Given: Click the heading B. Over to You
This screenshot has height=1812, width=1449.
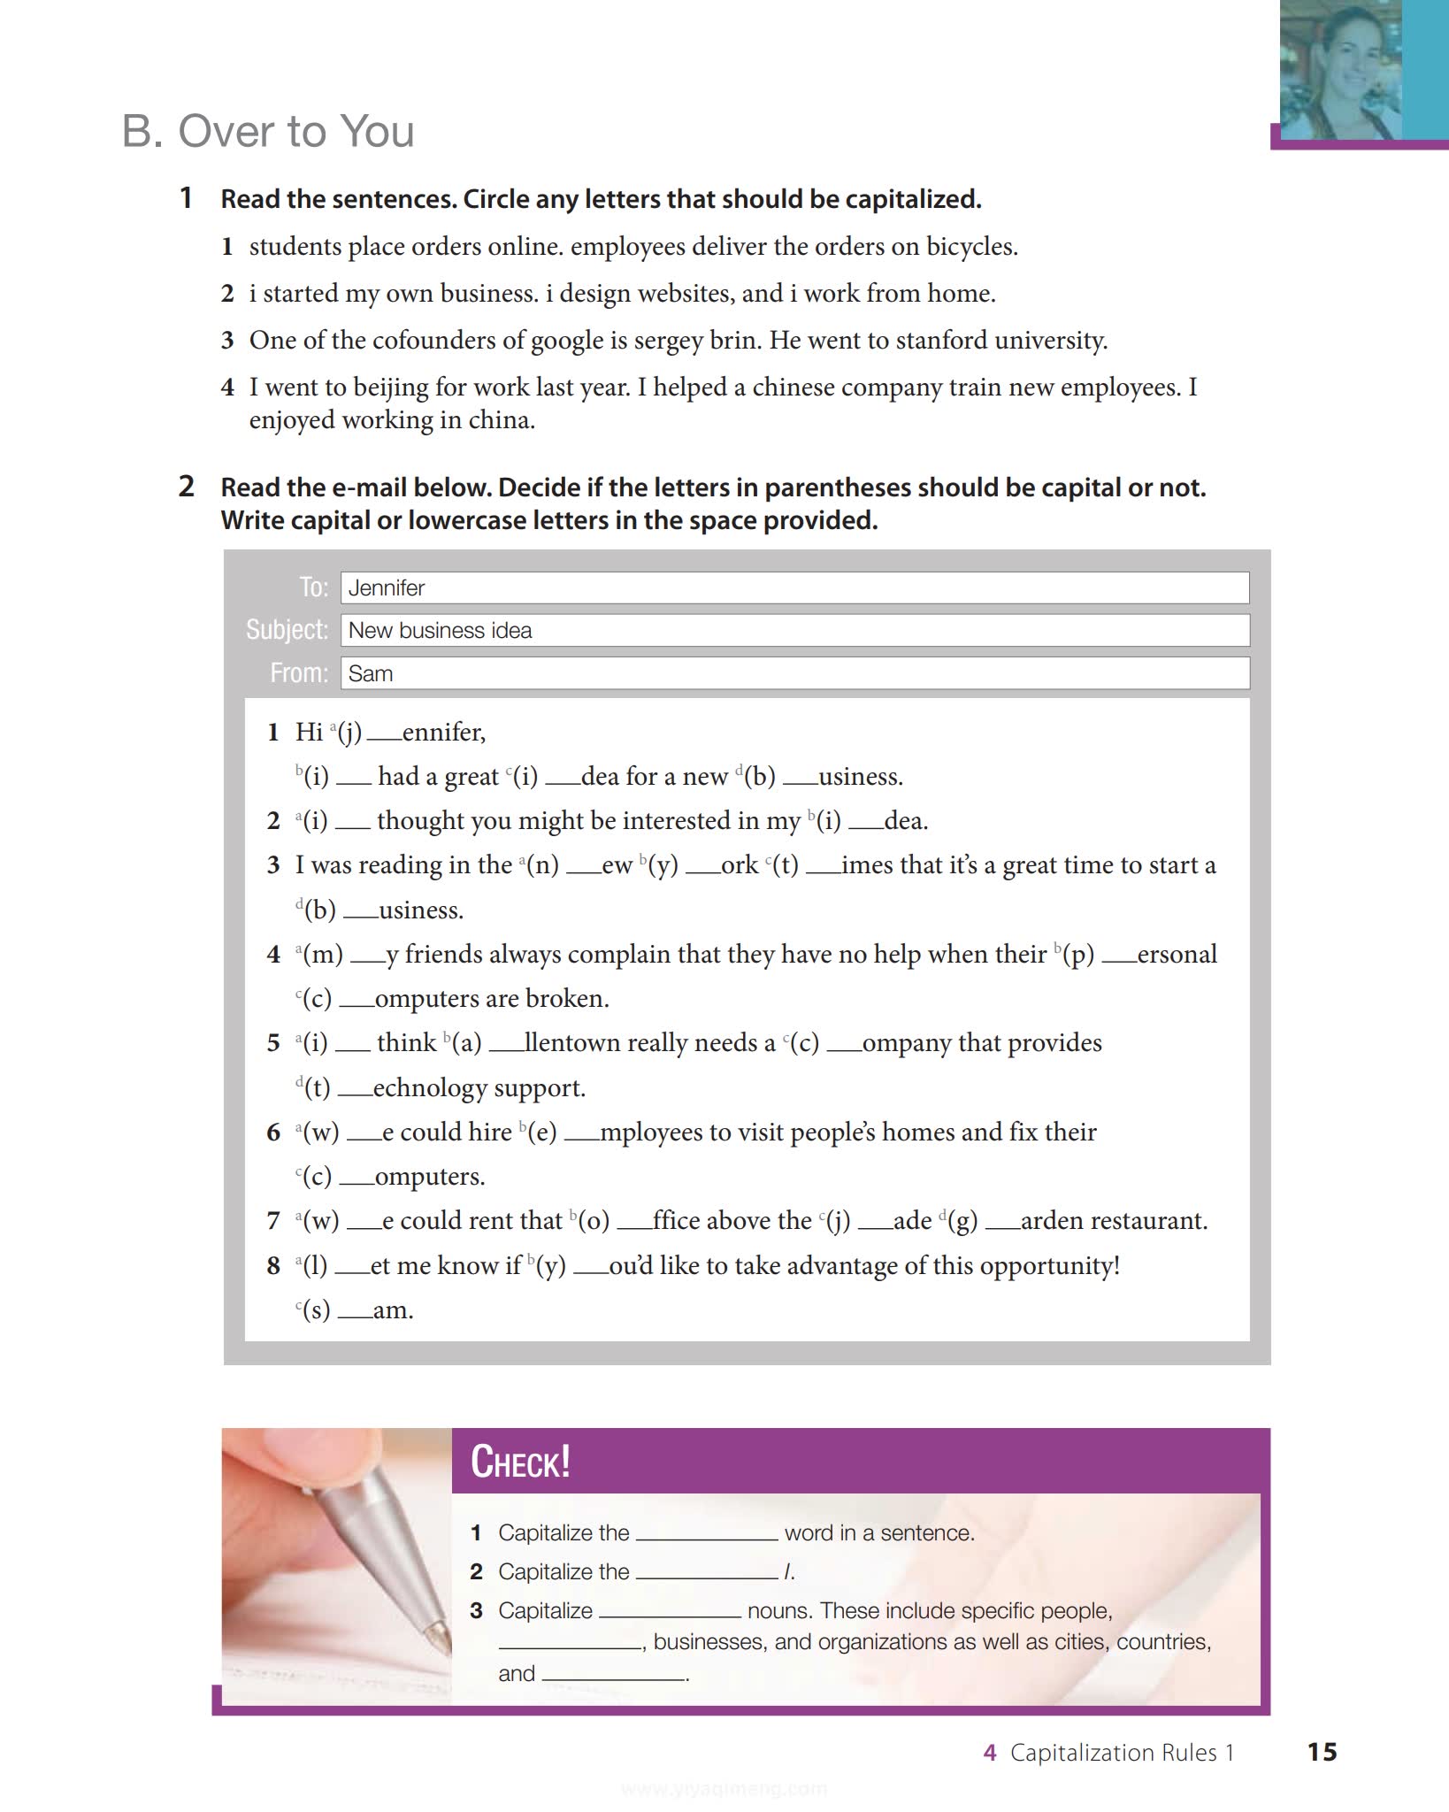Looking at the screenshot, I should [267, 132].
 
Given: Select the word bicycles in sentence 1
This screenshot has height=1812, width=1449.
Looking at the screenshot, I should [970, 247].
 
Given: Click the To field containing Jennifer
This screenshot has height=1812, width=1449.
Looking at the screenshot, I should [793, 587].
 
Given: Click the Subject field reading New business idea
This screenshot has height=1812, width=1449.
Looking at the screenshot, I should [793, 631].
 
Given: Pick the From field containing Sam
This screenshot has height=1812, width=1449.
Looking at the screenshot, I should [793, 673].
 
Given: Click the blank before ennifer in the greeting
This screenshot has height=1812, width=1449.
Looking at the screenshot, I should [383, 737].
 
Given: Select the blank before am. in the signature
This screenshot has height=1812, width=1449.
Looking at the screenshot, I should [354, 1316].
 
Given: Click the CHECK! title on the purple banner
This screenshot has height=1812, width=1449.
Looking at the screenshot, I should [520, 1462].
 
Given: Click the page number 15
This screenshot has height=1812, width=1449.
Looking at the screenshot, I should [1322, 1752].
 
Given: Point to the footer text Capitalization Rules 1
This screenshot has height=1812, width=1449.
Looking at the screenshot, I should [1121, 1753].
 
